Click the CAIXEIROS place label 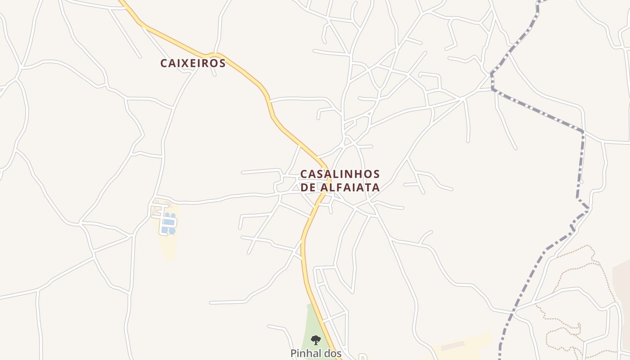[193, 63]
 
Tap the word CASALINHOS [340, 174]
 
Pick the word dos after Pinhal [333, 353]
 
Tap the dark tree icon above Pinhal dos [316, 340]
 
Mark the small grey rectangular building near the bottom [452, 346]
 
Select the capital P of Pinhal [293, 353]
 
